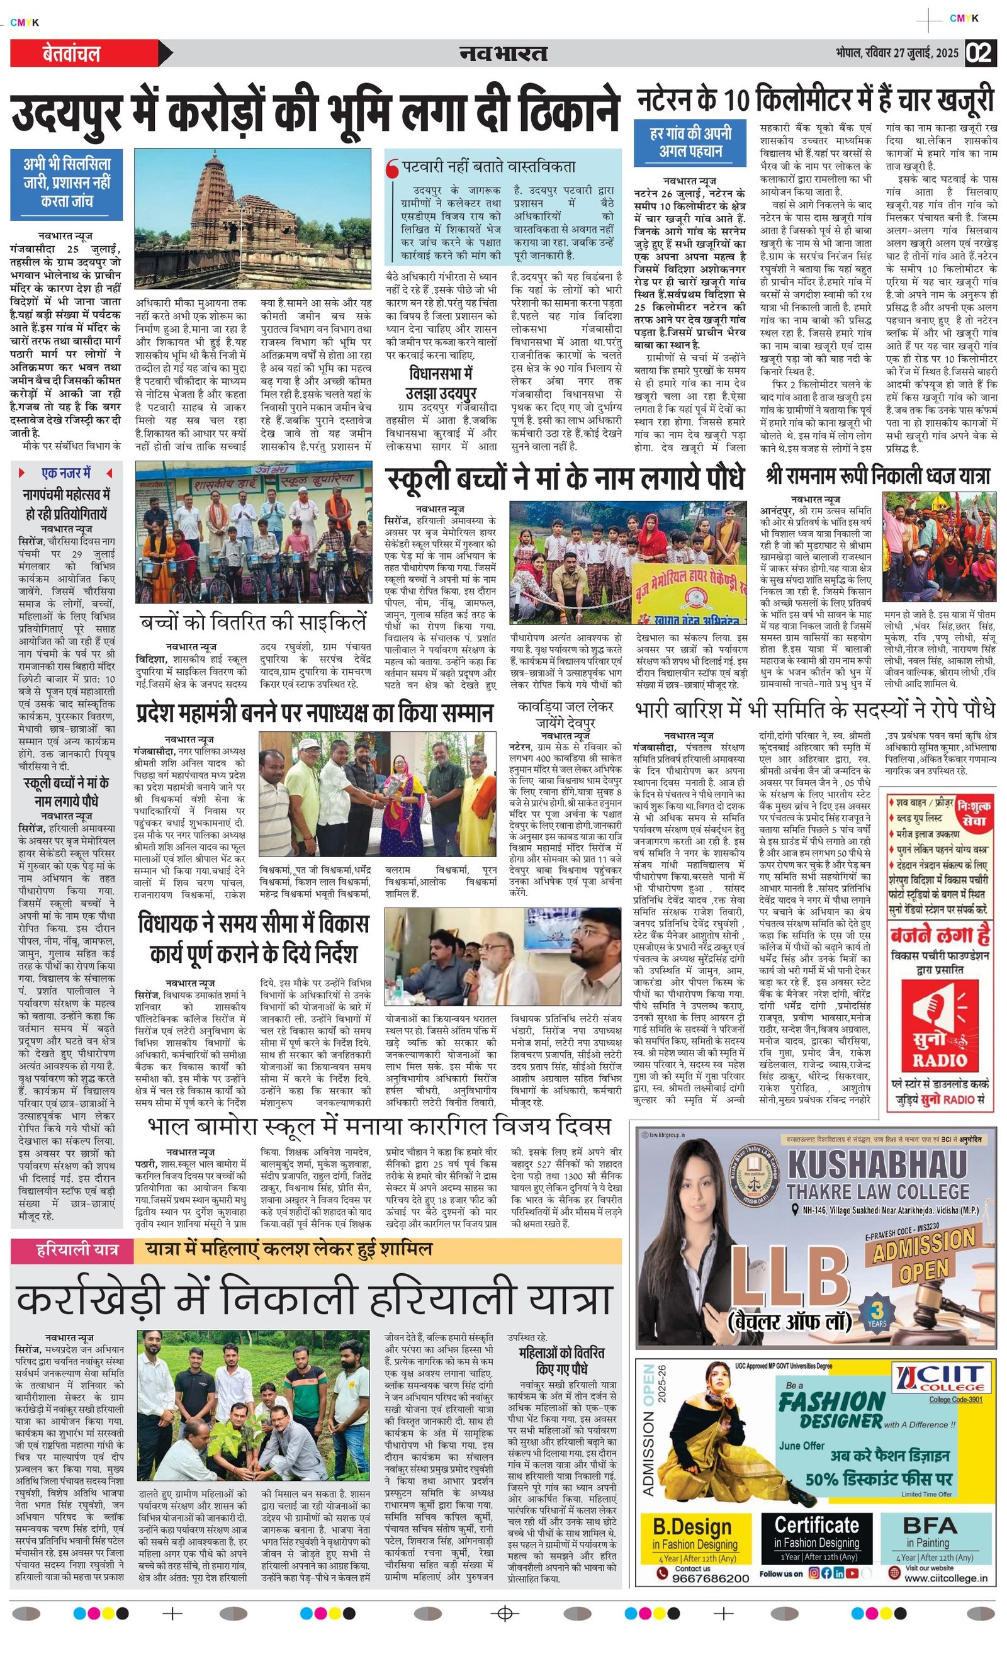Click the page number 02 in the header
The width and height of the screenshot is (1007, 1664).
click(981, 53)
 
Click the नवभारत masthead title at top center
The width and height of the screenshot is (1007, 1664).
click(503, 53)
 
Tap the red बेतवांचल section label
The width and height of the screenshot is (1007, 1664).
click(71, 53)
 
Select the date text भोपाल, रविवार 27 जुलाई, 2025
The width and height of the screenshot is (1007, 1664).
click(897, 53)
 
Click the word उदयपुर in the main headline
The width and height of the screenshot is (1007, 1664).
click(67, 113)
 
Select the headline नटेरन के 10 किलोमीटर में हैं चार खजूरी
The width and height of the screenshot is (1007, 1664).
click(815, 100)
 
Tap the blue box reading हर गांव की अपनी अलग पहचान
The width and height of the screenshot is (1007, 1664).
click(690, 142)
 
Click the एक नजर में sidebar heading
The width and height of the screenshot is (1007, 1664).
click(65, 473)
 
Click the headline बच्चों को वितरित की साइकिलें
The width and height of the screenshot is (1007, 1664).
click(253, 622)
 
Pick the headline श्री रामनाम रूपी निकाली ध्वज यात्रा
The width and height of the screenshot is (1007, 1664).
click(878, 476)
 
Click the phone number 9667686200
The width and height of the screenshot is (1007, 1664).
click(711, 1578)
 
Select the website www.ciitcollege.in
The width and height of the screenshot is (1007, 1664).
click(945, 1578)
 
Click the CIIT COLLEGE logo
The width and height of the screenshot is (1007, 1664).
click(940, 1378)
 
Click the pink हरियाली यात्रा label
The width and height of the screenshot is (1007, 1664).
click(76, 1250)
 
